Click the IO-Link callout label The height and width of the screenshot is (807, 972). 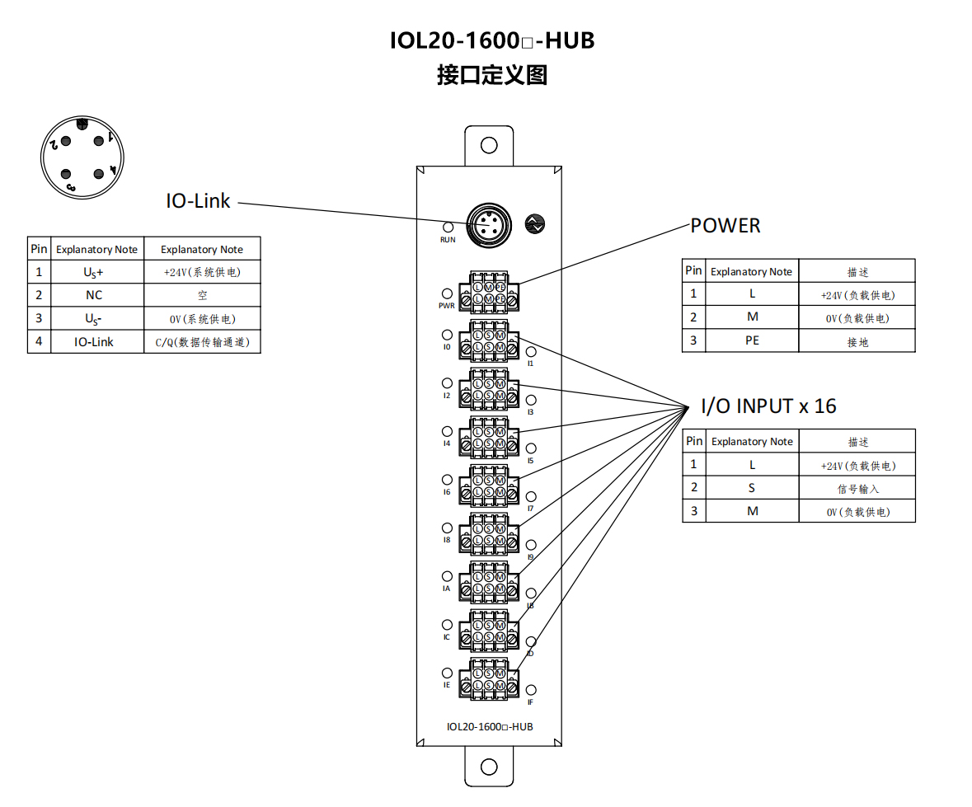tap(198, 200)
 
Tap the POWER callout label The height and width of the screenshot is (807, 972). tap(725, 225)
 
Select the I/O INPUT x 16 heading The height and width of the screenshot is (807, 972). tap(768, 406)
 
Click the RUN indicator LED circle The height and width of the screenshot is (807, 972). tap(448, 227)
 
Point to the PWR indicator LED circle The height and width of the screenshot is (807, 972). tap(447, 293)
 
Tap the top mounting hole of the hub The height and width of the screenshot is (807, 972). tap(489, 146)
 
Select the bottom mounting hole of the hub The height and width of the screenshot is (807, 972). tap(489, 767)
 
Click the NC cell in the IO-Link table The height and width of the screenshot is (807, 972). tap(95, 295)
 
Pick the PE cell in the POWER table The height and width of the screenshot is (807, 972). tap(752, 340)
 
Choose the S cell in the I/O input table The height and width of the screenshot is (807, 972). tap(752, 488)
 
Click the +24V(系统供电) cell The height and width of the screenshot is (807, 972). tap(202, 271)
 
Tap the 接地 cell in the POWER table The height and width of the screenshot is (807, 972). tap(857, 341)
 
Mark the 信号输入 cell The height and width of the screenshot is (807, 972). tap(857, 489)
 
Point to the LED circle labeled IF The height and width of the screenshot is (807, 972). tap(531, 690)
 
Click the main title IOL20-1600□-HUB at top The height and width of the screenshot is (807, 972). tap(492, 40)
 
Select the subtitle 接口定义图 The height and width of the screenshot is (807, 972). tap(492, 76)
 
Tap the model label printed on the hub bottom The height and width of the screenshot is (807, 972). tap(489, 727)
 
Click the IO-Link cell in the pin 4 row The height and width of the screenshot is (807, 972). tap(95, 341)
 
